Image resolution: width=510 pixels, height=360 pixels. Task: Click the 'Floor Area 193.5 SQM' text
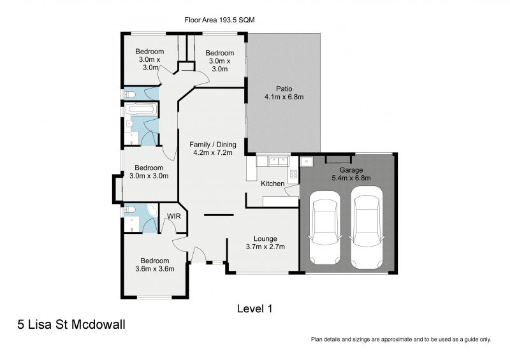(x=219, y=20)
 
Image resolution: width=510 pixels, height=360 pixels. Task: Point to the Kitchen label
(x=273, y=184)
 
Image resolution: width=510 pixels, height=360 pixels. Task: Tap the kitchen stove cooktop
(x=293, y=174)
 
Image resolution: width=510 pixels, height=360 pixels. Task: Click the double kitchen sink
(x=278, y=161)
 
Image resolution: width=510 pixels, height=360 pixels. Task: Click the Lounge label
(x=265, y=239)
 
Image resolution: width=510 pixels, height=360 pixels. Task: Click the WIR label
(x=173, y=217)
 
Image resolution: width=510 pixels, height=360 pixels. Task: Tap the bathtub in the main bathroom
(x=140, y=110)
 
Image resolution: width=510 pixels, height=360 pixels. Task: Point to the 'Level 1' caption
(x=254, y=309)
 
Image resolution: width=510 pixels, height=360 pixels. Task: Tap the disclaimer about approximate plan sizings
(x=400, y=340)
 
